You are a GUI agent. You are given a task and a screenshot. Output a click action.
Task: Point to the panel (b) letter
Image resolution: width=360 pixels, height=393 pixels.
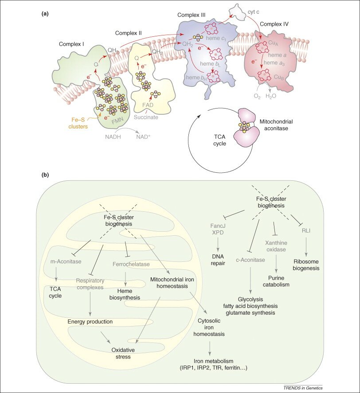click(x=45, y=175)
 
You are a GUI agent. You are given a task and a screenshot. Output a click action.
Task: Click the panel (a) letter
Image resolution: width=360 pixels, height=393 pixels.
click(x=45, y=14)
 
